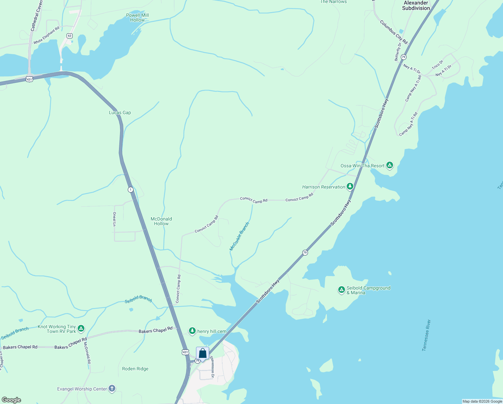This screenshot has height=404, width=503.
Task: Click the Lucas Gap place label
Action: click(x=120, y=112)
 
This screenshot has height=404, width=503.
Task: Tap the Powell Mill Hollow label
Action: click(x=138, y=18)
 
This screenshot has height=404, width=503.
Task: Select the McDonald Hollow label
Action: click(x=161, y=221)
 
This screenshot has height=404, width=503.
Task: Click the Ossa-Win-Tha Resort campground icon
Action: click(x=390, y=165)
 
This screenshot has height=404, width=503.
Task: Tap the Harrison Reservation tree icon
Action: click(x=350, y=186)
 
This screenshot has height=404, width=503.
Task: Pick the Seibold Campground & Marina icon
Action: click(x=341, y=290)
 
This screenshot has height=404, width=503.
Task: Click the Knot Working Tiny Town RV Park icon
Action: click(x=81, y=328)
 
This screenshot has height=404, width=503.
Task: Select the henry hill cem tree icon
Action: click(x=192, y=331)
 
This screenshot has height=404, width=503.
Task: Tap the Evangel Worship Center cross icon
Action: click(x=112, y=389)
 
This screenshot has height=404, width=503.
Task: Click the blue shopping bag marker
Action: click(x=202, y=354)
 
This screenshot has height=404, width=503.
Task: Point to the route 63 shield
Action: click(x=70, y=36)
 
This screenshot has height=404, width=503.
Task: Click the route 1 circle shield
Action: click(x=130, y=190)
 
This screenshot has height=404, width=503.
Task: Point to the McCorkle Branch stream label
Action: click(x=239, y=236)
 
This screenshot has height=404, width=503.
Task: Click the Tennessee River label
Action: click(x=426, y=335)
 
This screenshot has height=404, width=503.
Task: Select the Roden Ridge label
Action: click(x=135, y=369)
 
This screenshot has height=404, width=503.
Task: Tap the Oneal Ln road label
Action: click(x=114, y=219)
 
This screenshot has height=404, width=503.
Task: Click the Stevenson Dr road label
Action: click(x=212, y=367)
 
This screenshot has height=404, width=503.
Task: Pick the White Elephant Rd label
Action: click(x=46, y=35)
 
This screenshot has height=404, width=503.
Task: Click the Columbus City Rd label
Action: click(x=394, y=32)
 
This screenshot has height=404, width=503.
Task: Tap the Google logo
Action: click(x=11, y=400)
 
